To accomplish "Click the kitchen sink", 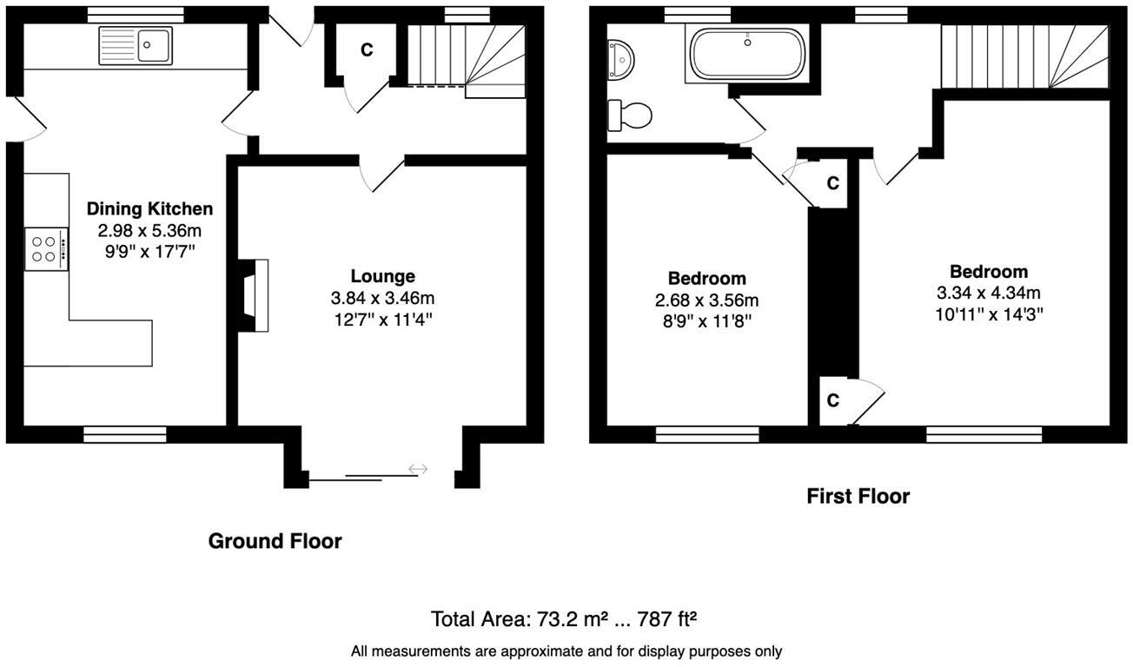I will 136,45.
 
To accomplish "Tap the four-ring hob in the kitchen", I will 46,249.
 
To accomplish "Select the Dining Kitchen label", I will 149,208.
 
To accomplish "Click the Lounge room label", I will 382,276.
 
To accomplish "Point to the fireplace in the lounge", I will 253,296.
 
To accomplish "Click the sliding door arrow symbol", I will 418,469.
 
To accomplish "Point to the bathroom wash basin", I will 622,57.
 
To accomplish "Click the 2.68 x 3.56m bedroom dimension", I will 706,300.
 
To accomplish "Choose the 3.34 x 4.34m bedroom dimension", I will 988,293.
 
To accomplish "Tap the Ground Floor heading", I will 275,541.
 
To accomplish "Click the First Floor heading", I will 858,496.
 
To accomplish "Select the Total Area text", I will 565,619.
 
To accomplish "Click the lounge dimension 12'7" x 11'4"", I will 382,319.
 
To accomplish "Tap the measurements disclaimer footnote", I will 566,650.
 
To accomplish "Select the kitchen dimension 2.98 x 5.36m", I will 149,230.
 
